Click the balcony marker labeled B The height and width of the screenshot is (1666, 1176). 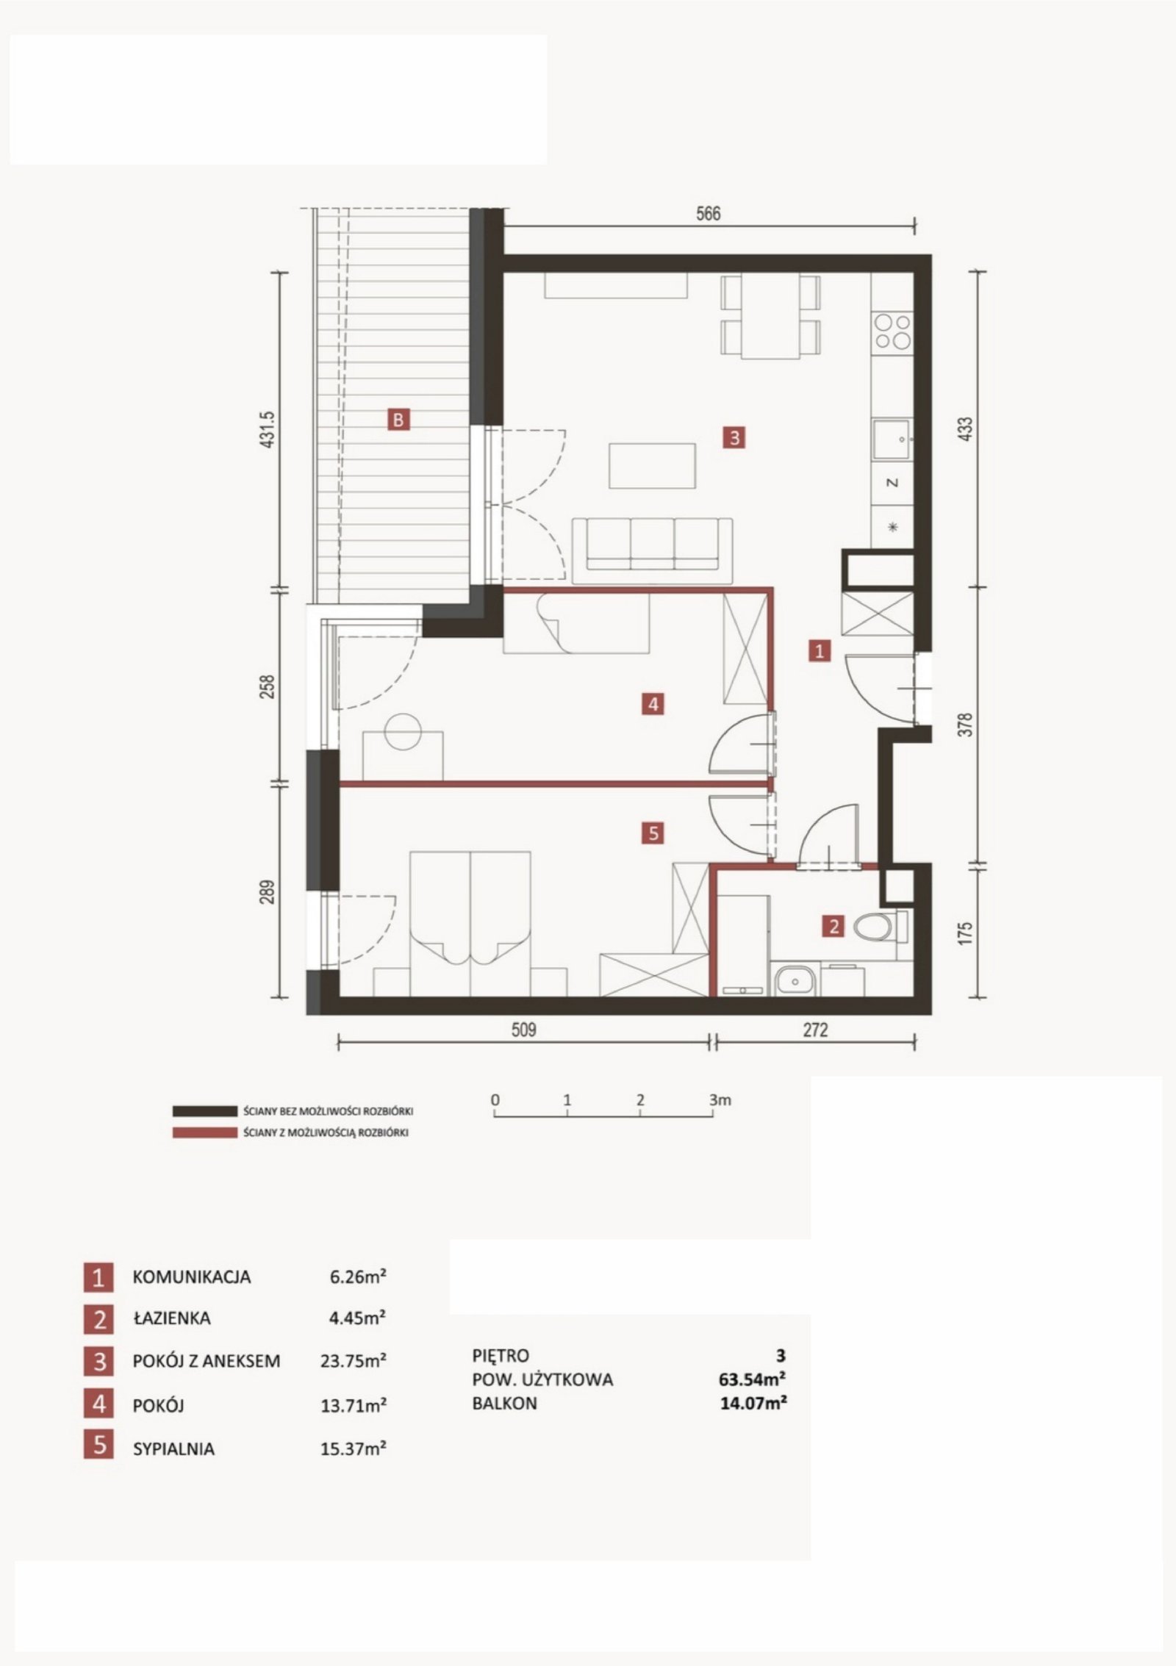tap(398, 420)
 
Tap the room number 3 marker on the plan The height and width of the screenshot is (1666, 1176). tap(734, 437)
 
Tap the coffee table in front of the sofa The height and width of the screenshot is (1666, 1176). tap(653, 466)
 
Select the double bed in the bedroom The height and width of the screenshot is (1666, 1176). tap(470, 924)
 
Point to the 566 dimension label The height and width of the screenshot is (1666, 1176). tap(708, 214)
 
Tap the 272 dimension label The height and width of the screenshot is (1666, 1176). tap(815, 1030)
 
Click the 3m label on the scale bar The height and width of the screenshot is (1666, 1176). tap(720, 1100)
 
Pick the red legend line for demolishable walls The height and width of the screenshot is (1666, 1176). tap(204, 1132)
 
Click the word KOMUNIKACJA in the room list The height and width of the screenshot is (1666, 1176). tap(191, 1277)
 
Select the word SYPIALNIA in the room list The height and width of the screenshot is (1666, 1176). tap(173, 1449)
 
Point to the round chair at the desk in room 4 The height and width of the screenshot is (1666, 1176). tap(404, 731)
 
